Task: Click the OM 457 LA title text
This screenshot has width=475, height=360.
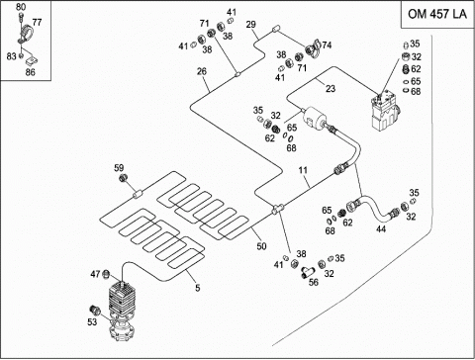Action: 437,14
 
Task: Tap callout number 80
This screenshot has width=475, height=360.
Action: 21,6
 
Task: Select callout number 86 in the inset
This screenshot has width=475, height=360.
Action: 30,72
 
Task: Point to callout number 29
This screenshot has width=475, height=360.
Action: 250,24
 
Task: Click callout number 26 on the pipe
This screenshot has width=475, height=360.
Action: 202,71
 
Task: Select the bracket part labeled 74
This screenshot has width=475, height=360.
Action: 313,48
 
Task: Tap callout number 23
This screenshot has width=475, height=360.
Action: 331,88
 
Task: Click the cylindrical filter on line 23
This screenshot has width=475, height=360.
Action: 315,119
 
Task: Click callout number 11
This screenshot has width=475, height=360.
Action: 303,170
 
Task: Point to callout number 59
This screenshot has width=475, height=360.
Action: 119,168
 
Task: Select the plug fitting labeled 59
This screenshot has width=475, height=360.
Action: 124,178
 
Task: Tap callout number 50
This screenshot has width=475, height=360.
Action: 261,246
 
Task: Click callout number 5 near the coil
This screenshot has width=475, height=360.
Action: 197,288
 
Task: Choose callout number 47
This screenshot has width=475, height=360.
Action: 95,274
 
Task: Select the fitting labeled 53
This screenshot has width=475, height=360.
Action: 95,310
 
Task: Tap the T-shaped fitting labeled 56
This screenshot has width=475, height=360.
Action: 307,272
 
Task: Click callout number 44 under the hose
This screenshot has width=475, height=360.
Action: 381,228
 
